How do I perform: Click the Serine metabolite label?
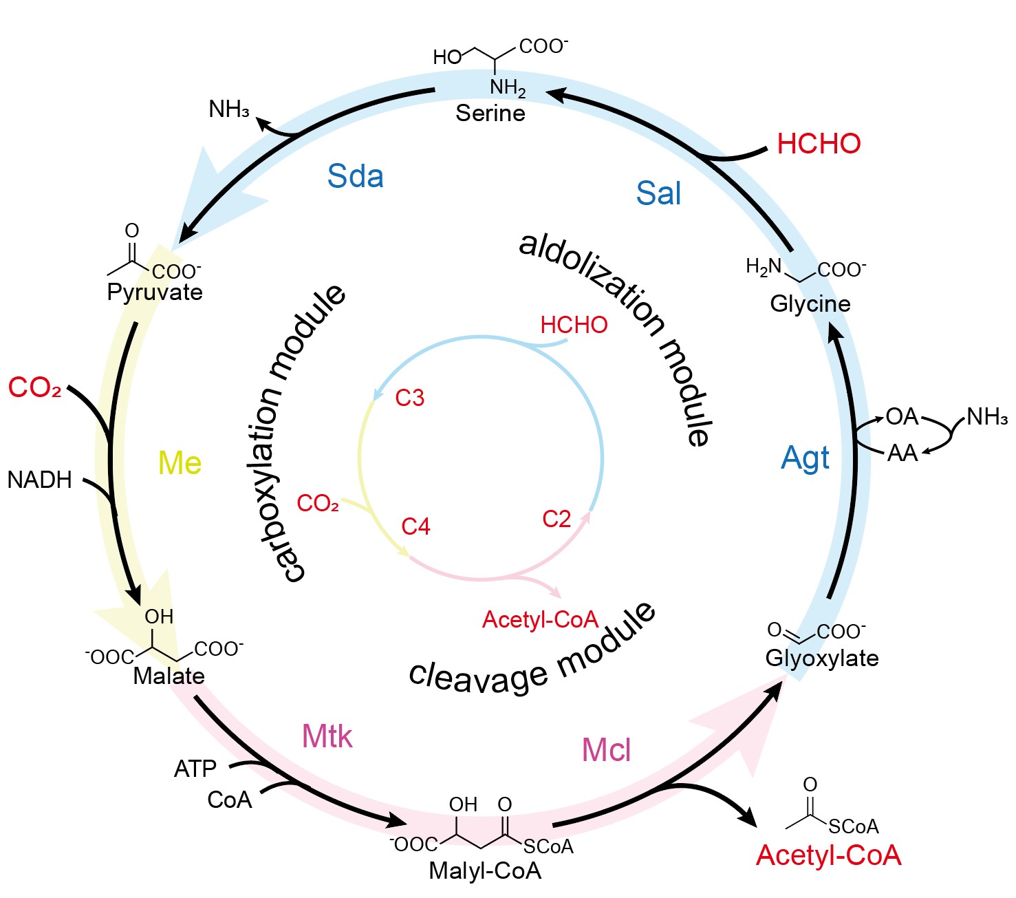pyautogui.click(x=490, y=113)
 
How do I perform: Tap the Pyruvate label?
pyautogui.click(x=155, y=292)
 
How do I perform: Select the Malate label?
pyautogui.click(x=169, y=676)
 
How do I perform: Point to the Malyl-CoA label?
pyautogui.click(x=485, y=870)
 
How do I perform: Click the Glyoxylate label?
pyautogui.click(x=822, y=658)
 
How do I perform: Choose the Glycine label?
pyautogui.click(x=810, y=303)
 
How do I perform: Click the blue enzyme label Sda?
pyautogui.click(x=355, y=176)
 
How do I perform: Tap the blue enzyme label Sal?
pyautogui.click(x=658, y=193)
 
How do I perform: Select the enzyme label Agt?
pyautogui.click(x=806, y=458)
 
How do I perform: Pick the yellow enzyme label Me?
pyautogui.click(x=180, y=463)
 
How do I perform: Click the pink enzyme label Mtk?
pyautogui.click(x=327, y=737)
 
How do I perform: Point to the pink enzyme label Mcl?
pyautogui.click(x=606, y=749)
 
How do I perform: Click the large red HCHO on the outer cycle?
pyautogui.click(x=819, y=144)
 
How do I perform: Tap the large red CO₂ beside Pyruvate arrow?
pyautogui.click(x=35, y=387)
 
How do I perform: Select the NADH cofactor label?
pyautogui.click(x=40, y=480)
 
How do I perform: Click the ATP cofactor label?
pyautogui.click(x=195, y=768)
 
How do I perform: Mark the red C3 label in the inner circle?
pyautogui.click(x=410, y=398)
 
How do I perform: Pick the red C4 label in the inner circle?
pyautogui.click(x=415, y=526)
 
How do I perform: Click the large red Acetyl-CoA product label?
pyautogui.click(x=828, y=855)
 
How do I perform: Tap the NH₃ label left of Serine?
pyautogui.click(x=229, y=109)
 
